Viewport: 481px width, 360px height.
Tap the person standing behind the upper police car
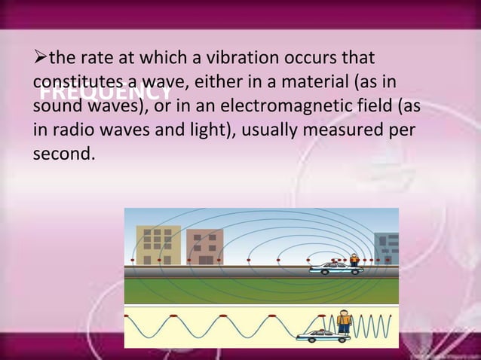coord(354,261)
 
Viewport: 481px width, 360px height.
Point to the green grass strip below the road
coord(261,290)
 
